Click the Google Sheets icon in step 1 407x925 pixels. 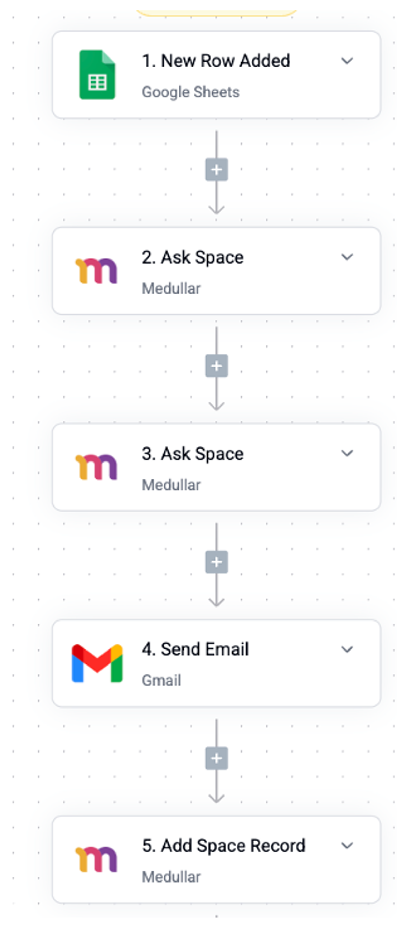pos(97,75)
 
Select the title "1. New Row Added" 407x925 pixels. pos(216,61)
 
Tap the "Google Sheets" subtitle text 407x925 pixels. pos(191,92)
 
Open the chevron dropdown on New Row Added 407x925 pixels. pos(347,61)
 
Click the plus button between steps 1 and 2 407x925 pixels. pos(216,169)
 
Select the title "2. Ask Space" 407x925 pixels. pos(193,257)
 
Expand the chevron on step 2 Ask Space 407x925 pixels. pos(347,257)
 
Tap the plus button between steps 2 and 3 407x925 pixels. pos(216,366)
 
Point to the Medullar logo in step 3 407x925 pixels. pos(96,467)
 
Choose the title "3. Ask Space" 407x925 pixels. pos(193,454)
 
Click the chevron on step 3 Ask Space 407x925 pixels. pos(347,453)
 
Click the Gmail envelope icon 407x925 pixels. pos(97,663)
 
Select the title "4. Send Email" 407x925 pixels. pos(195,649)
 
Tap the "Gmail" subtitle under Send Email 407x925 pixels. pos(162,680)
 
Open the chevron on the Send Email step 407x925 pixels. pos(347,649)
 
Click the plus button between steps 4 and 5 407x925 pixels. pos(216,758)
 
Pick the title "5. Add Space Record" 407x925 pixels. pos(224,846)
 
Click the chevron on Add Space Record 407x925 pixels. pos(347,846)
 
